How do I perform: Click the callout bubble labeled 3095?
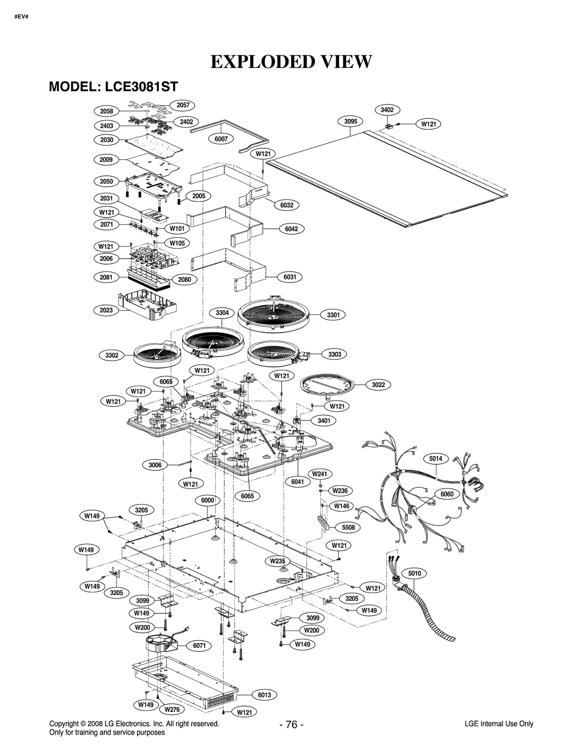point(350,121)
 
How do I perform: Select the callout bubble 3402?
point(387,110)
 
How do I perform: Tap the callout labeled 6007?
point(221,139)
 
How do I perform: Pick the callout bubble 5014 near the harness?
point(435,459)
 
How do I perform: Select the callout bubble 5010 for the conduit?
point(414,573)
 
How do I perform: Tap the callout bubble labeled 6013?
point(264,695)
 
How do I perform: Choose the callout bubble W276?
point(172,709)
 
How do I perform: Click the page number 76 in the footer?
point(291,724)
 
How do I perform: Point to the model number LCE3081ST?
point(141,87)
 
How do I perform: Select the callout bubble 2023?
point(106,310)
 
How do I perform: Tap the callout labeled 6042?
point(291,229)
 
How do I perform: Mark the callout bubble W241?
point(320,474)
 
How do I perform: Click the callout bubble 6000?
point(207,500)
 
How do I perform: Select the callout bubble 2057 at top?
point(183,105)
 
